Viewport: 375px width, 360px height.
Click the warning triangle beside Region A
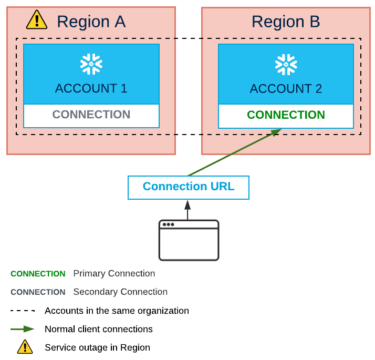click(37, 20)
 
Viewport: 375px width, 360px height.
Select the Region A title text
click(91, 22)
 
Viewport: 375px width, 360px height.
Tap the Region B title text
click(286, 22)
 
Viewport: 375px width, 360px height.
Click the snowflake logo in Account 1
click(91, 64)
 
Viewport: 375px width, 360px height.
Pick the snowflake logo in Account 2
click(286, 64)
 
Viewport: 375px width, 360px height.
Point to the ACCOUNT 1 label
click(91, 88)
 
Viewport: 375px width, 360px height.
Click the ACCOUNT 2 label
click(286, 88)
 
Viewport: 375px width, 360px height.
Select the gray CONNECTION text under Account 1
click(91, 115)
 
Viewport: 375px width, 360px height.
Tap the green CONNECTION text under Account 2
click(286, 115)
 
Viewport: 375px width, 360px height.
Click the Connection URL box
click(189, 187)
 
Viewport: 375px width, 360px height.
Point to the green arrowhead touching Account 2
click(276, 132)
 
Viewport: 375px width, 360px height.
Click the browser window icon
click(189, 240)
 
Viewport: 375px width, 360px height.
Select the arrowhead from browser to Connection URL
click(187, 204)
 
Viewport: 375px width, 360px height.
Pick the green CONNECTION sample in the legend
click(38, 274)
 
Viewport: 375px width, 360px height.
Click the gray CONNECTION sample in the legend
click(38, 292)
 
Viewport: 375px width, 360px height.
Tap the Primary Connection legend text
click(114, 274)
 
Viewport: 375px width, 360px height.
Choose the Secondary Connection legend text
click(120, 292)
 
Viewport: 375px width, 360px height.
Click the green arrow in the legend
click(23, 329)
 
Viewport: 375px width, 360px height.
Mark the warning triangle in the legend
click(25, 347)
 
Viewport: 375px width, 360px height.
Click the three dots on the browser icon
click(168, 224)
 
